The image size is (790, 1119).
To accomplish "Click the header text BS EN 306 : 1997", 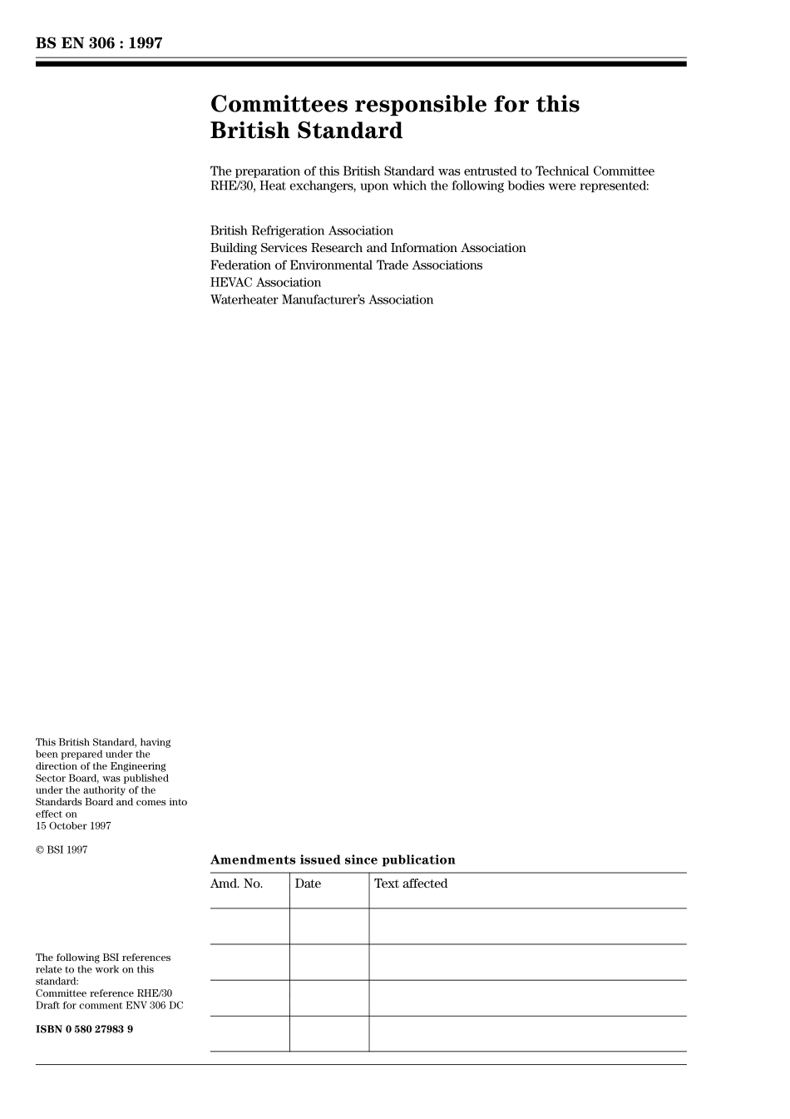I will point(99,43).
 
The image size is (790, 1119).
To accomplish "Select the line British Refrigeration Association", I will point(302,230).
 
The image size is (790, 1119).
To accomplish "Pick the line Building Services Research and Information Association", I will point(368,248).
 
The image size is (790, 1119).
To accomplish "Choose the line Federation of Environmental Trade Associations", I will point(346,265).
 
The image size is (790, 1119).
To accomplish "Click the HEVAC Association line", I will point(265,283).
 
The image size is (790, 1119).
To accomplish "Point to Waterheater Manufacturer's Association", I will point(322,300).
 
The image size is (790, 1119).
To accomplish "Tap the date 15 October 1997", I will point(73,826).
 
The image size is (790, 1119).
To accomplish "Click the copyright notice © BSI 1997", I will point(62,849).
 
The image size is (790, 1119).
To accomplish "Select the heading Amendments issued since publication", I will point(333,860).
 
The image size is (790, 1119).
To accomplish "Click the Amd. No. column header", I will point(236,884).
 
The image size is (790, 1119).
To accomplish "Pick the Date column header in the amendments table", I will point(308,884).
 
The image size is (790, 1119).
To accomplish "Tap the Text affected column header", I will point(411,884).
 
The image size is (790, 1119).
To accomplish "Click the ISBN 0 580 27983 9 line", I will point(84,1029).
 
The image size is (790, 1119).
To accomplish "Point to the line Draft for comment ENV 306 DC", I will point(109,1005).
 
